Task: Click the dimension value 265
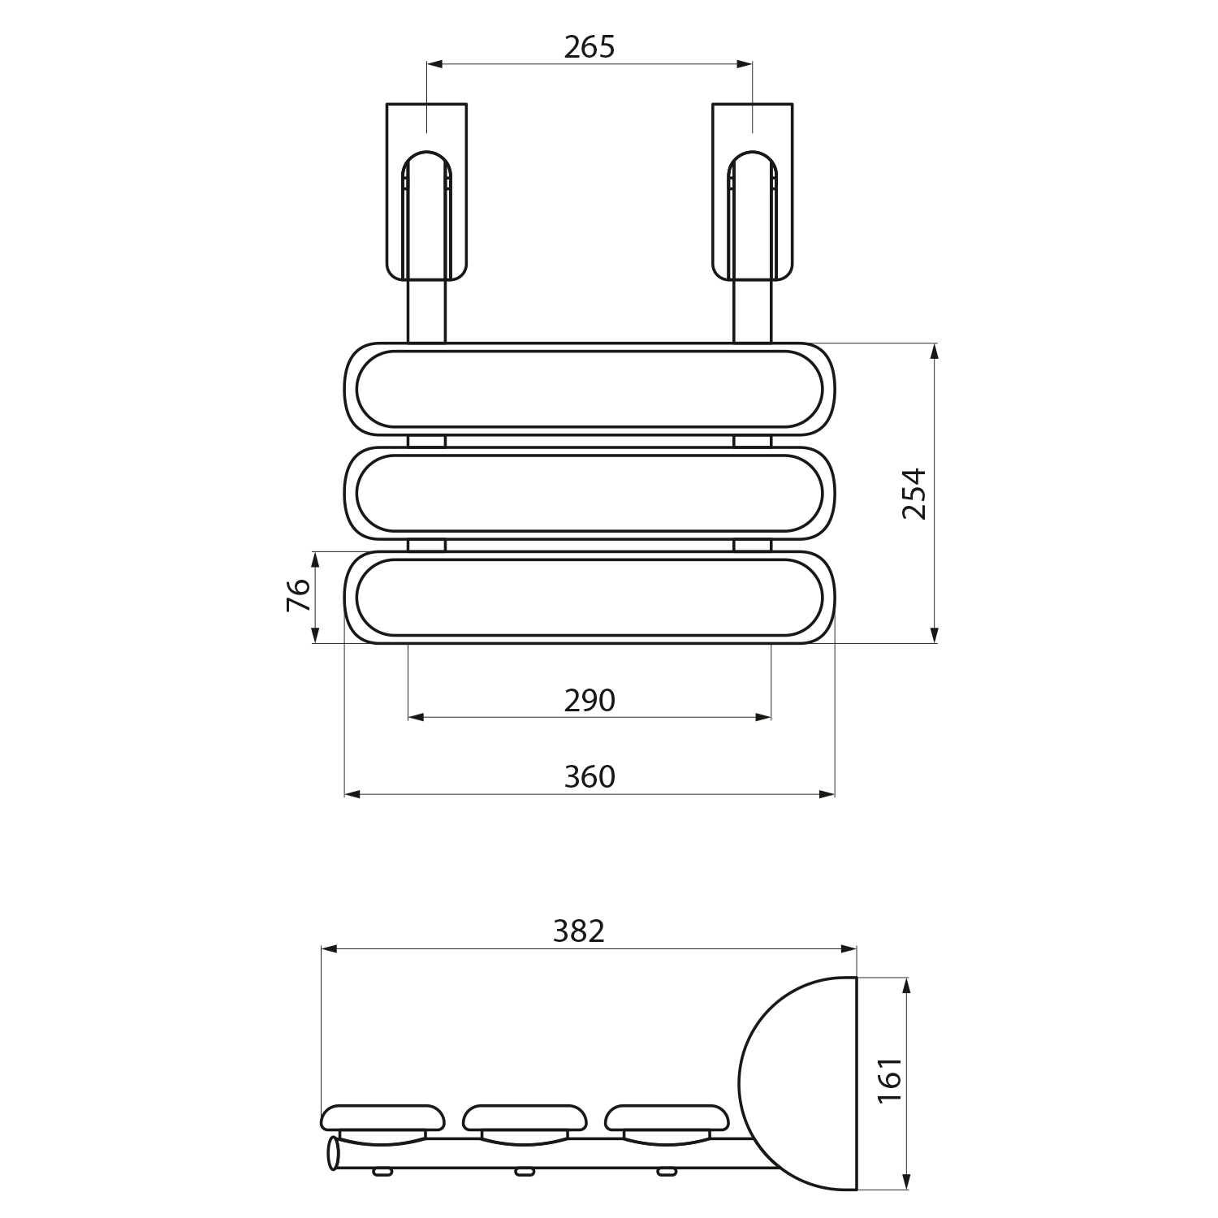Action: [590, 47]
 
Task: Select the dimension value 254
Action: [914, 494]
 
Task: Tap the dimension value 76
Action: [299, 595]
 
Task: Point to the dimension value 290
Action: [590, 700]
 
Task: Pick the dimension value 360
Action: [590, 777]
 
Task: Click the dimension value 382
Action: [579, 931]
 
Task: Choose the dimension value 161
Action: [891, 1080]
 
